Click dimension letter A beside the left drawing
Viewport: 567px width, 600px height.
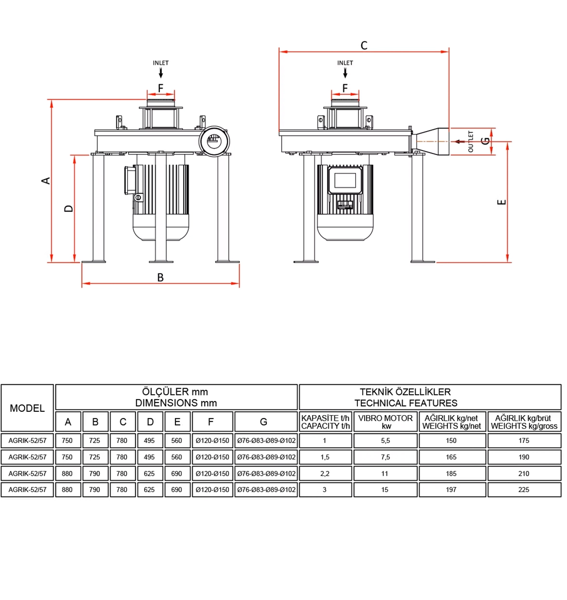(46, 181)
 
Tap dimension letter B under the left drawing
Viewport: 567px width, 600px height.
(160, 278)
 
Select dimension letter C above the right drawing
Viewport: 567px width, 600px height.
(364, 45)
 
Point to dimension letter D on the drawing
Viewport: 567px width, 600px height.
(69, 209)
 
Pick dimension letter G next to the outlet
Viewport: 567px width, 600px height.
(486, 141)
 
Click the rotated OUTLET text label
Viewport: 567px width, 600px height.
(471, 142)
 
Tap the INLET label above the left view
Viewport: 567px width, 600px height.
(161, 63)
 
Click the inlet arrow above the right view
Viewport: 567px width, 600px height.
(345, 73)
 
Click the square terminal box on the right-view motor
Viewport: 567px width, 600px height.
(345, 180)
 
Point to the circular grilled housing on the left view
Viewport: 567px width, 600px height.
(214, 142)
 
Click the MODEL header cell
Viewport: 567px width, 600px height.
(27, 408)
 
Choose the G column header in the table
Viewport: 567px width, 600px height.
(264, 422)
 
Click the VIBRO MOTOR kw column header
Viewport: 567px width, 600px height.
(385, 422)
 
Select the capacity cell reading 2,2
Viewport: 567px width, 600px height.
(325, 473)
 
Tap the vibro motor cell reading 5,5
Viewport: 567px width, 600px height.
(385, 441)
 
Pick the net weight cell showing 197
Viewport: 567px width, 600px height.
(451, 490)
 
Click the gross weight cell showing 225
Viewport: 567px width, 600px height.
(524, 490)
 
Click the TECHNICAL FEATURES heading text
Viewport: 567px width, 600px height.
(406, 403)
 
